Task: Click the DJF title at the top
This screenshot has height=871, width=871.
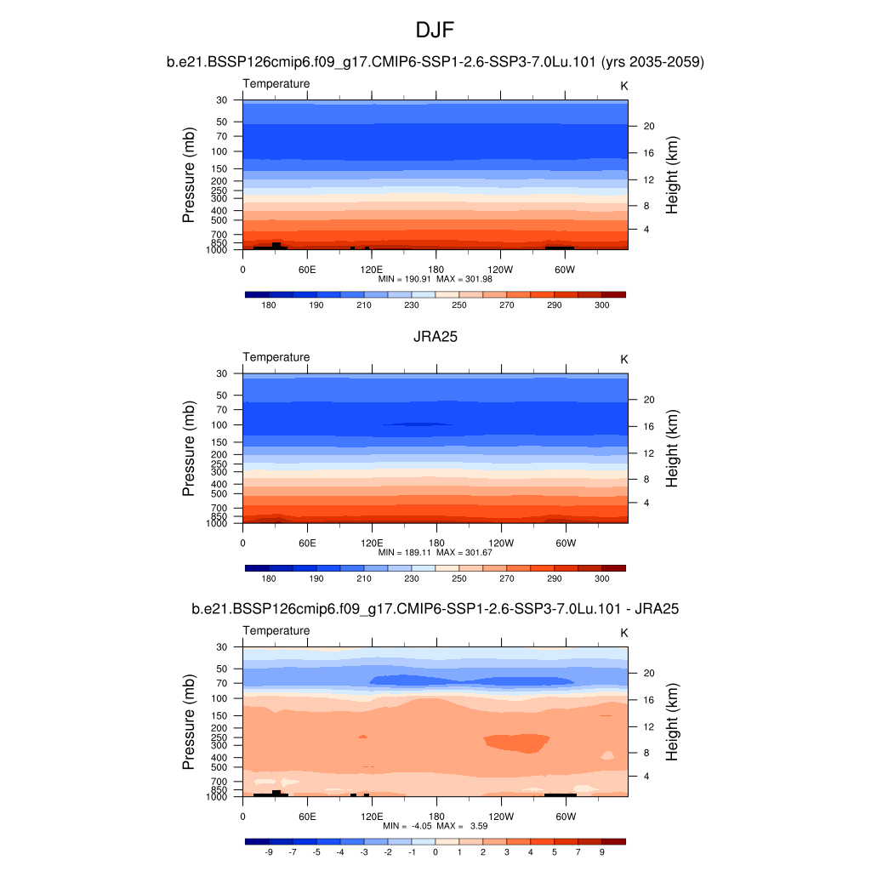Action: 435,31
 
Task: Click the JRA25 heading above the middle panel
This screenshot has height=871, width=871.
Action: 435,336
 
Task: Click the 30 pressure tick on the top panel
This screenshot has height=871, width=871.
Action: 221,100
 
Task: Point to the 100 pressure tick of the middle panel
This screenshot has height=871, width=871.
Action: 219,425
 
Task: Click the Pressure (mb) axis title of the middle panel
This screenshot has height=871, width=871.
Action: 189,448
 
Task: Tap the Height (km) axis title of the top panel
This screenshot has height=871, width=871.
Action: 672,174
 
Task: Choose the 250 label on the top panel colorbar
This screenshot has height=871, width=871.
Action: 459,305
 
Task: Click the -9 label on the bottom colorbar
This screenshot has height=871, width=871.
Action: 269,851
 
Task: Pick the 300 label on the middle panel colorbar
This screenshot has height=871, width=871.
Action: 601,578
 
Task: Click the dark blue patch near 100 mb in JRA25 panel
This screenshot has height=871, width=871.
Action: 417,424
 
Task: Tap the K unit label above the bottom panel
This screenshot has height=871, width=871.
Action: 624,634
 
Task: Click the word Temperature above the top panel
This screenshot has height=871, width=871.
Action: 276,83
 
